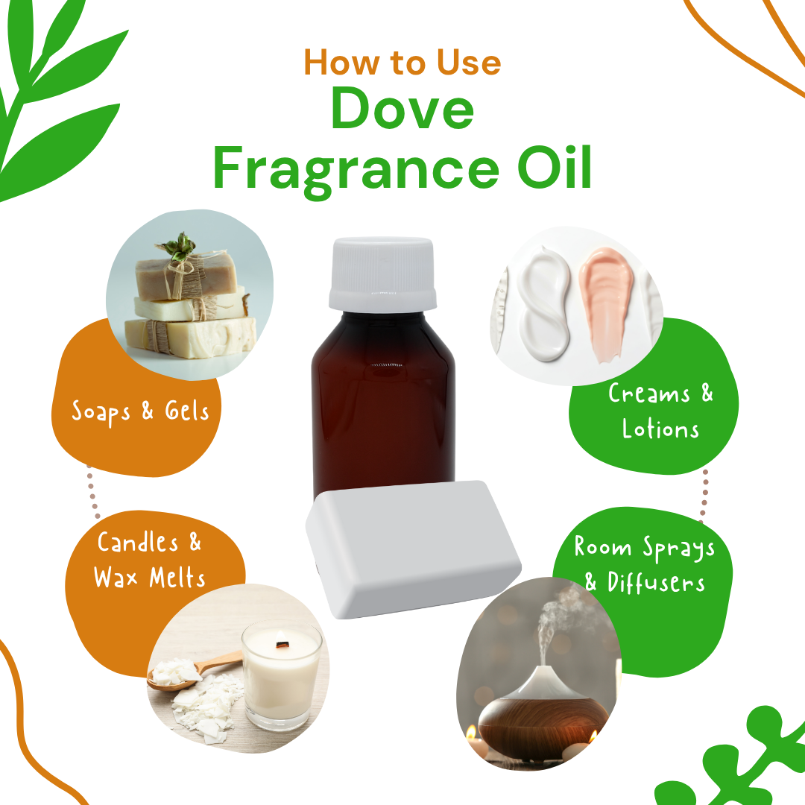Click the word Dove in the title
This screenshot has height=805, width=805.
[x=402, y=109]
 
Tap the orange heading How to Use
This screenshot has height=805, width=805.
[x=402, y=63]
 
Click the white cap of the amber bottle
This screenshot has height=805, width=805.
[x=382, y=274]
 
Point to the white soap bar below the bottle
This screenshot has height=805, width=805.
[x=413, y=549]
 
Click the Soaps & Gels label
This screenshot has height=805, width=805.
[x=140, y=411]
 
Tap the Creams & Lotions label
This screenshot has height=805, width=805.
[x=660, y=411]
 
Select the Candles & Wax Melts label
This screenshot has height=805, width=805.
[x=149, y=560]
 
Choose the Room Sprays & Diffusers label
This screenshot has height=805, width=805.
[x=644, y=564]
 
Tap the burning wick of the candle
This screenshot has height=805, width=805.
[x=281, y=643]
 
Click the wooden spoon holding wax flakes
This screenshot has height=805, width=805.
[x=192, y=672]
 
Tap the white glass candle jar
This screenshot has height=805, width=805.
[x=282, y=675]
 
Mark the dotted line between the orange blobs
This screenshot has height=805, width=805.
[x=92, y=491]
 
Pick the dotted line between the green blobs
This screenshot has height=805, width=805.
[x=704, y=495]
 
